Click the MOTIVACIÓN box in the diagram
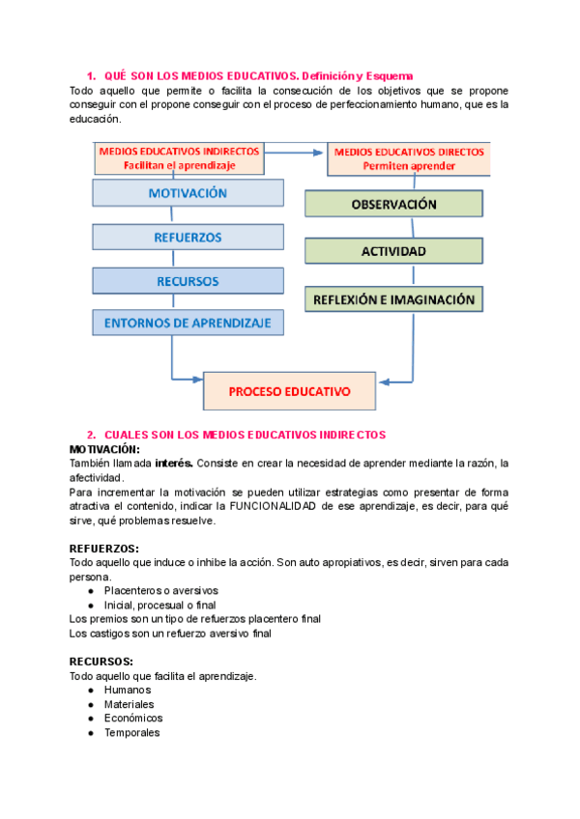188,193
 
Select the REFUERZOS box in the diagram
188,237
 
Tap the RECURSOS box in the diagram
188,281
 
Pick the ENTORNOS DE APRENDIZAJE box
188,322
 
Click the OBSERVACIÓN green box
393,205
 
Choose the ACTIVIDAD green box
393,250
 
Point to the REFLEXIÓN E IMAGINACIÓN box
393,299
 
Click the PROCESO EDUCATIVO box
289,391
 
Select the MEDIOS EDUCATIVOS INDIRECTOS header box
179,158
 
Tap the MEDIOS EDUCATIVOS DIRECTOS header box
409,158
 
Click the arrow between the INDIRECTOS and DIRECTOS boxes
295,152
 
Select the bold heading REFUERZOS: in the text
104,549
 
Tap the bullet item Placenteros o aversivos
160,590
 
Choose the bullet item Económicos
133,718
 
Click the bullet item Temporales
131,732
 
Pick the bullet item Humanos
128,691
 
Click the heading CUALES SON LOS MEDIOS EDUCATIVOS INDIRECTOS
244,436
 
